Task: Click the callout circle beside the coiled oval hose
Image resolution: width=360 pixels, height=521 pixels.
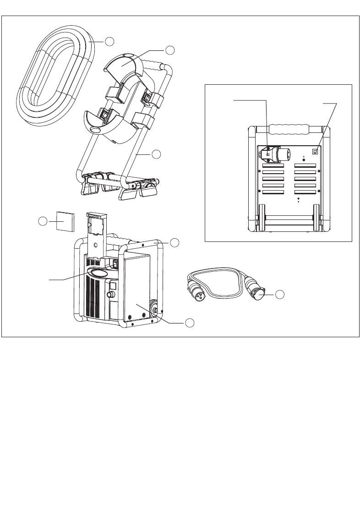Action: coord(109,41)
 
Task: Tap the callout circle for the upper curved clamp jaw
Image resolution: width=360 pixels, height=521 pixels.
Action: coord(170,49)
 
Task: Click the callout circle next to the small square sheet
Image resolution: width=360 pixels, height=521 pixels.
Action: coord(42,221)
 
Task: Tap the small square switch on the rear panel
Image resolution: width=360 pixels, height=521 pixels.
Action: coord(316,151)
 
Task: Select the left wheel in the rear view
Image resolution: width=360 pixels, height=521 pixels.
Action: coord(262,218)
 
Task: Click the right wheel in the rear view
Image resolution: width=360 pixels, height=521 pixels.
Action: coord(316,218)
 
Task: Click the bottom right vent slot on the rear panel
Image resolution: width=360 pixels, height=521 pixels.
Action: coord(305,192)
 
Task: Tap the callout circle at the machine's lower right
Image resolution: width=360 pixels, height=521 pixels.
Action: coord(190,323)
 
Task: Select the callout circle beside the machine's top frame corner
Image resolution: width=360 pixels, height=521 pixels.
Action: coord(175,242)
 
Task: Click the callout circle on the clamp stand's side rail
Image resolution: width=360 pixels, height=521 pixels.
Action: coord(157,154)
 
